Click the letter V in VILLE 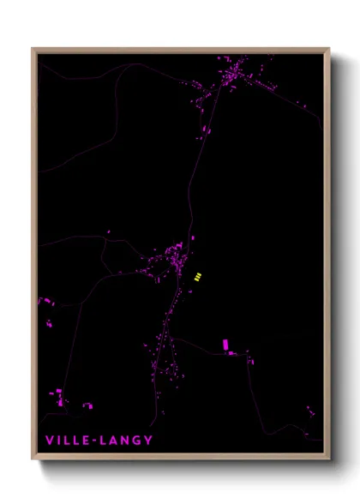click(50, 441)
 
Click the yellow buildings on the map click(198, 276)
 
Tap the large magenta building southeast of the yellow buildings click(226, 345)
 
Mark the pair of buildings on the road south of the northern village click(206, 130)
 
